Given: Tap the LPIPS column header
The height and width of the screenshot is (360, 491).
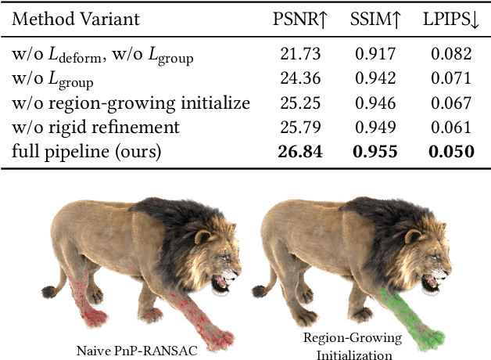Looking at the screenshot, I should coord(451,19).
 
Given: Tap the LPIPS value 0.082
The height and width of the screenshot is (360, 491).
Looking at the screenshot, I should coord(451,54).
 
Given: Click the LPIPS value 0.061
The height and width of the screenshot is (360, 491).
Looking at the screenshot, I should coord(451,127).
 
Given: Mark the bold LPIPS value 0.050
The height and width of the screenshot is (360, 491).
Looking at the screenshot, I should coord(451,151).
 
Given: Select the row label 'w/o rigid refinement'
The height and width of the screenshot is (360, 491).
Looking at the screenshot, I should coord(95,127).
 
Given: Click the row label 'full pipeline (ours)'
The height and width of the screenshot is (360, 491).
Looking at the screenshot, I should coord(86,151).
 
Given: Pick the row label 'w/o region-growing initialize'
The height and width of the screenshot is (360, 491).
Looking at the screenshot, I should coord(131,103).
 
